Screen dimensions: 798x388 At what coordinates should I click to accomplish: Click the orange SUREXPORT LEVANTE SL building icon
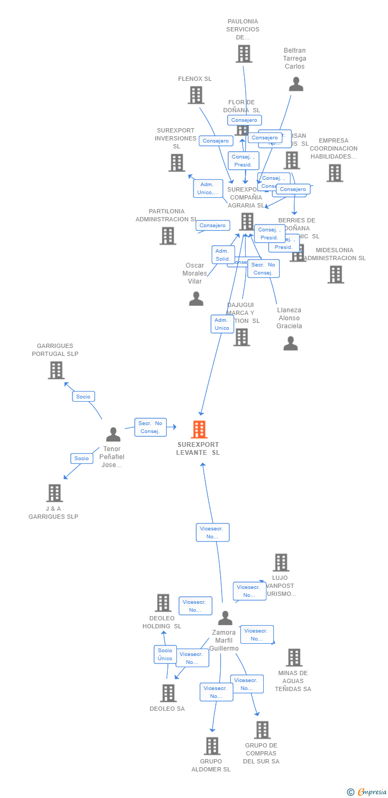(199, 429)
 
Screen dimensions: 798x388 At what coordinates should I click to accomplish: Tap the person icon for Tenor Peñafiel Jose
(113, 435)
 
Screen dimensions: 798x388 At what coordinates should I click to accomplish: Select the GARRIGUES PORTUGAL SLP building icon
(56, 370)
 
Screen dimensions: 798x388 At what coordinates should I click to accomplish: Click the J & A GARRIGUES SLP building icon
(54, 493)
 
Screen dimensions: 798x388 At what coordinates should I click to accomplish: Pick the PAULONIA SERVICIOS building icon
(244, 54)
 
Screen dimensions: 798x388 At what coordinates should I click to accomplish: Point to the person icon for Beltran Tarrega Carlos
(296, 84)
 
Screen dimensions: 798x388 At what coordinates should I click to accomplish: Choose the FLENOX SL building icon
(196, 95)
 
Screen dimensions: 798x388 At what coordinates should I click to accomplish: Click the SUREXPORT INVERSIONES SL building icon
(176, 163)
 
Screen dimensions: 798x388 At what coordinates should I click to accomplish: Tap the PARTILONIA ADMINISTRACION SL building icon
(167, 236)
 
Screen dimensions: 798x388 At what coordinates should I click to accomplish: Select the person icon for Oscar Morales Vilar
(196, 298)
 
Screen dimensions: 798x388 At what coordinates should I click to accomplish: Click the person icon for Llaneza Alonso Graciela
(290, 344)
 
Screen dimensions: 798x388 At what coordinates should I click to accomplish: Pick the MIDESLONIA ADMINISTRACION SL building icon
(335, 275)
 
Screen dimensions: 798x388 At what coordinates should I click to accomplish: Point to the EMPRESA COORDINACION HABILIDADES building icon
(334, 173)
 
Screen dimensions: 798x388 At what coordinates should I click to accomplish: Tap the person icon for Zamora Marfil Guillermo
(225, 618)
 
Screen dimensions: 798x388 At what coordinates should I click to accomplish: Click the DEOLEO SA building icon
(168, 693)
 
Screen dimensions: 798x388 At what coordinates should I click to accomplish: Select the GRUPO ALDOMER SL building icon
(212, 746)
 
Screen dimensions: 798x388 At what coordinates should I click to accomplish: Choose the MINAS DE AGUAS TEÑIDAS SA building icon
(294, 658)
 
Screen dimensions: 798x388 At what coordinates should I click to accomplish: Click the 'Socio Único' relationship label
(165, 654)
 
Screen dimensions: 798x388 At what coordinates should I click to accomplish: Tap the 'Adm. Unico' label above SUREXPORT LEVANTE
(222, 324)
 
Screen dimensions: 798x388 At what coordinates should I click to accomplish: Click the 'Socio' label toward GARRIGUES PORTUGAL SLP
(83, 396)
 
